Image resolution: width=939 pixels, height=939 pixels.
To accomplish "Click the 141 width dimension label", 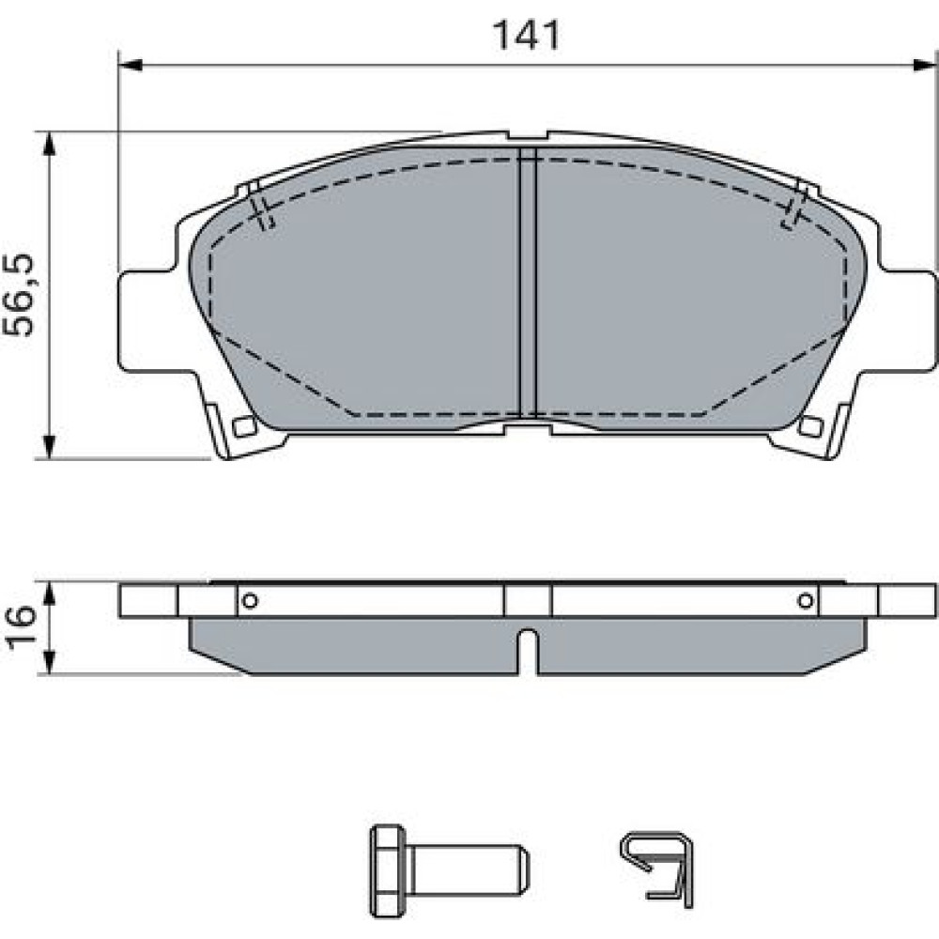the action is coord(526,36).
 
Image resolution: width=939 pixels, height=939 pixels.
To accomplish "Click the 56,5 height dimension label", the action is coord(19,295).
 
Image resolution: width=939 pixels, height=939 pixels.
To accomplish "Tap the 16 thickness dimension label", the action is coord(21,627).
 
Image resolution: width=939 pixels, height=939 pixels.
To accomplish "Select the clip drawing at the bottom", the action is coord(657,869).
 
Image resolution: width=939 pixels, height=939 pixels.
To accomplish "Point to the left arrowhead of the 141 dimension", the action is coord(131,65).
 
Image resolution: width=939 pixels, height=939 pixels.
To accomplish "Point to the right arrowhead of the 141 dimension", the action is coord(924,65).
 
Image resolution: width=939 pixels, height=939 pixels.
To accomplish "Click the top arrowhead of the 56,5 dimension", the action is coord(49,144).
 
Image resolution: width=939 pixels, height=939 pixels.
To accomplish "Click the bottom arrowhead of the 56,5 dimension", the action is coord(49,447).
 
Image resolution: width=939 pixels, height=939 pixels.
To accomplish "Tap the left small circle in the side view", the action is coord(251,600).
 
